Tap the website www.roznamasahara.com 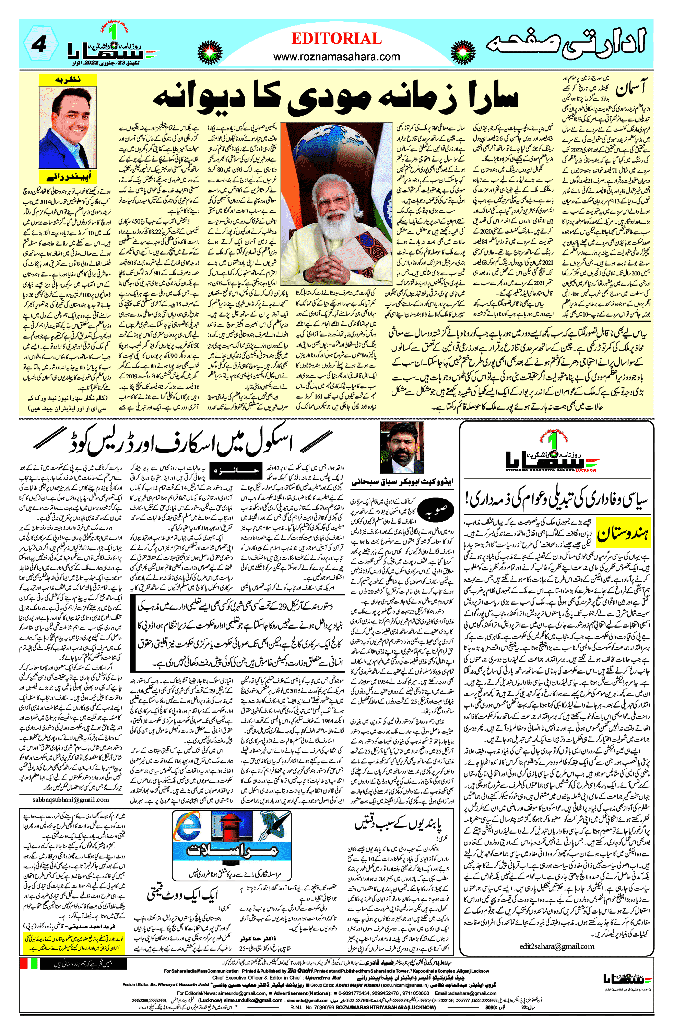coord(336,57)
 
